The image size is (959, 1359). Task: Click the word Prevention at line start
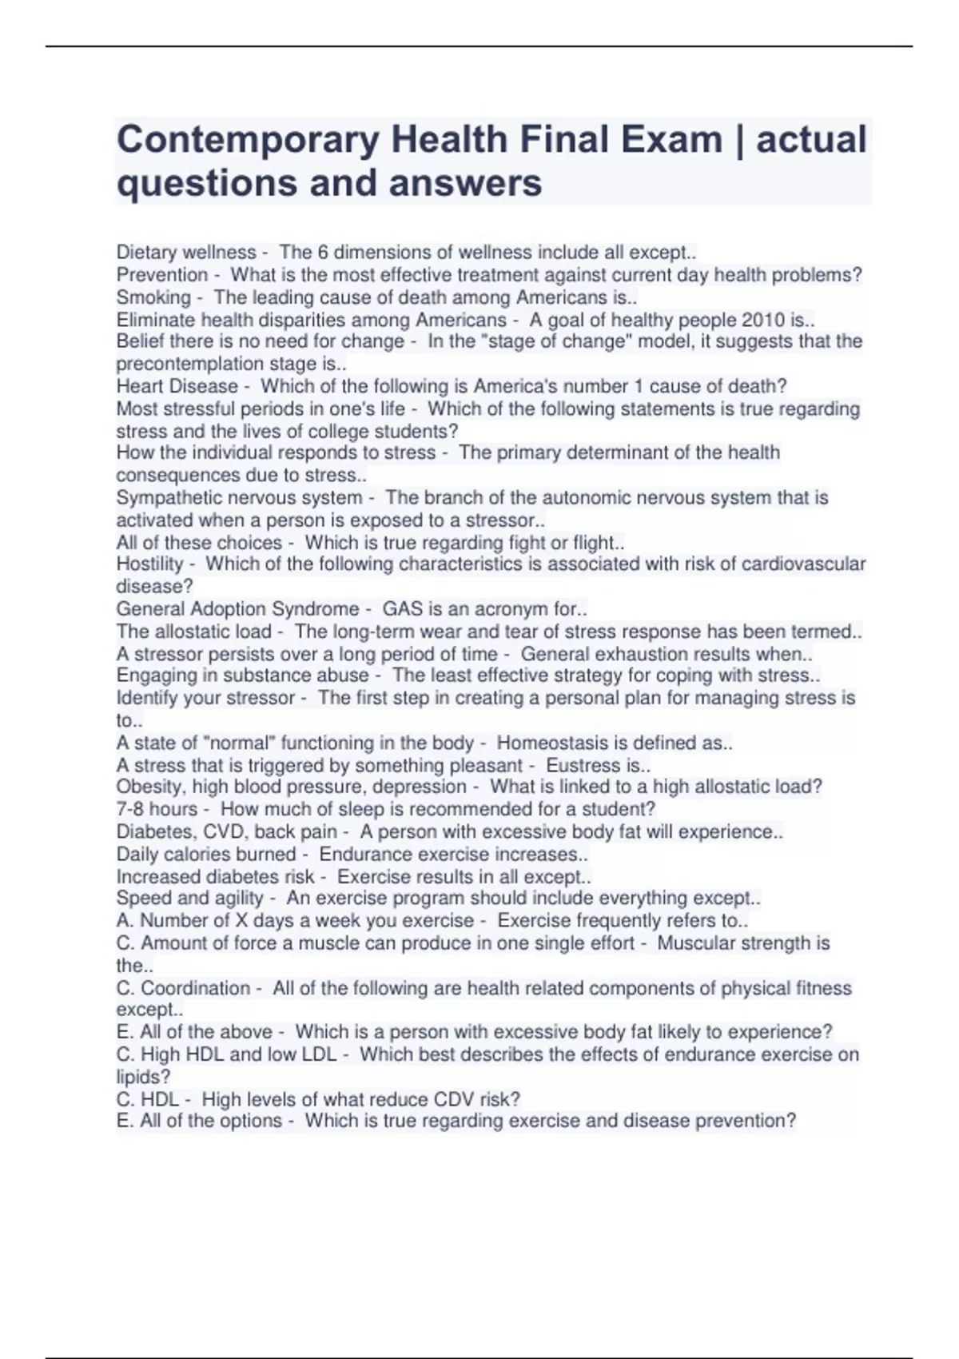point(161,275)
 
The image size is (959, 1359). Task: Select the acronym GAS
point(400,609)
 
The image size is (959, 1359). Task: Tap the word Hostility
point(149,564)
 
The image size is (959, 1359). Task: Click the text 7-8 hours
point(156,809)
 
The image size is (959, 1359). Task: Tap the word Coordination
point(195,988)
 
